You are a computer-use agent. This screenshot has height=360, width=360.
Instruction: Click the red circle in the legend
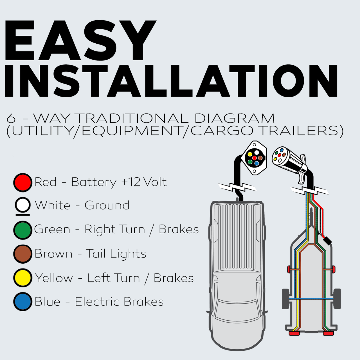pos(22,182)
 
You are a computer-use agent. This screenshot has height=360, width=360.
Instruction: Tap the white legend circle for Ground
pos(22,205)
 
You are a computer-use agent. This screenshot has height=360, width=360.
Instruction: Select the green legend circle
pos(22,230)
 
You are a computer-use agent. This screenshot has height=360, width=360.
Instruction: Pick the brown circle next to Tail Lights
pos(22,254)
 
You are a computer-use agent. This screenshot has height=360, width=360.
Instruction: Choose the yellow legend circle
pos(22,278)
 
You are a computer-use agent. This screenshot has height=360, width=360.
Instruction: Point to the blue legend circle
pos(22,302)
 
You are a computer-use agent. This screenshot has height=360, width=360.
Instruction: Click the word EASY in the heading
pos(80,40)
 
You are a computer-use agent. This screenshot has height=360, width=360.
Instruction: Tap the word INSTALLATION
pos(171,81)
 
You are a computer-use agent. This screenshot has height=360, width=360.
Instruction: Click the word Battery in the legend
pos(94,182)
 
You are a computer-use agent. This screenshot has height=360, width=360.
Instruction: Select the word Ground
pos(107,205)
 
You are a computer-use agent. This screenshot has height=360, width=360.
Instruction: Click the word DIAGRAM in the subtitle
pos(235,118)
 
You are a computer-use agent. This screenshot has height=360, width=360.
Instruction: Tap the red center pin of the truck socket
pos(254,158)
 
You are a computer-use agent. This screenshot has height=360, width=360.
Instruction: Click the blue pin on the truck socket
pos(257,163)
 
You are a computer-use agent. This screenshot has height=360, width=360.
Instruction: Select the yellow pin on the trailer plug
pos(275,159)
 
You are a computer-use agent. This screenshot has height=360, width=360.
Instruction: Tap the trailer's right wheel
pos(337,299)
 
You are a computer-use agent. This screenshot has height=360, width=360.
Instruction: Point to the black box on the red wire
pos(327,241)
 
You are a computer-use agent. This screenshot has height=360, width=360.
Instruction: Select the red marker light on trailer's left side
pos(289,269)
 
